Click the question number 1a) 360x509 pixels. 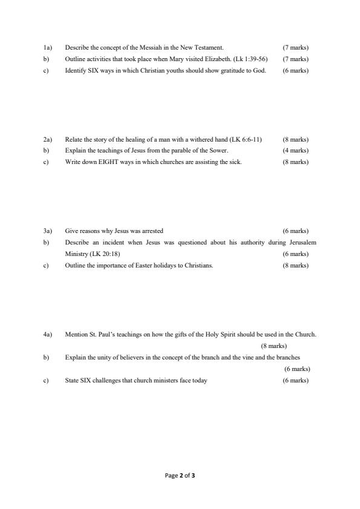pyautogui.click(x=47, y=47)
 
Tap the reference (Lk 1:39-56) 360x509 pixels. pyautogui.click(x=250, y=59)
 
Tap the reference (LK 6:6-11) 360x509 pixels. pyautogui.click(x=242, y=139)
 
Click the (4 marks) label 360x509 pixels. pyautogui.click(x=295, y=151)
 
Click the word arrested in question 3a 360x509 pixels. pyautogui.click(x=152, y=231)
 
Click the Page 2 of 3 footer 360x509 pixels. pyautogui.click(x=180, y=476)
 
